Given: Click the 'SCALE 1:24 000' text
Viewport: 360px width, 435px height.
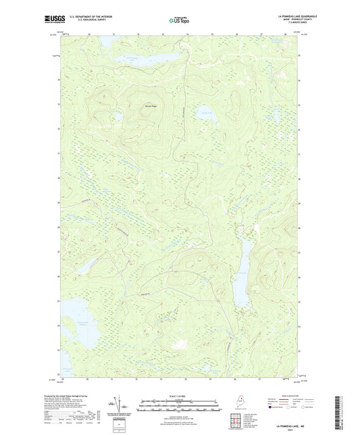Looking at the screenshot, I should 179,395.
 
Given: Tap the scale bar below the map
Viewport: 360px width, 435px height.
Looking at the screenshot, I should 179,401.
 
